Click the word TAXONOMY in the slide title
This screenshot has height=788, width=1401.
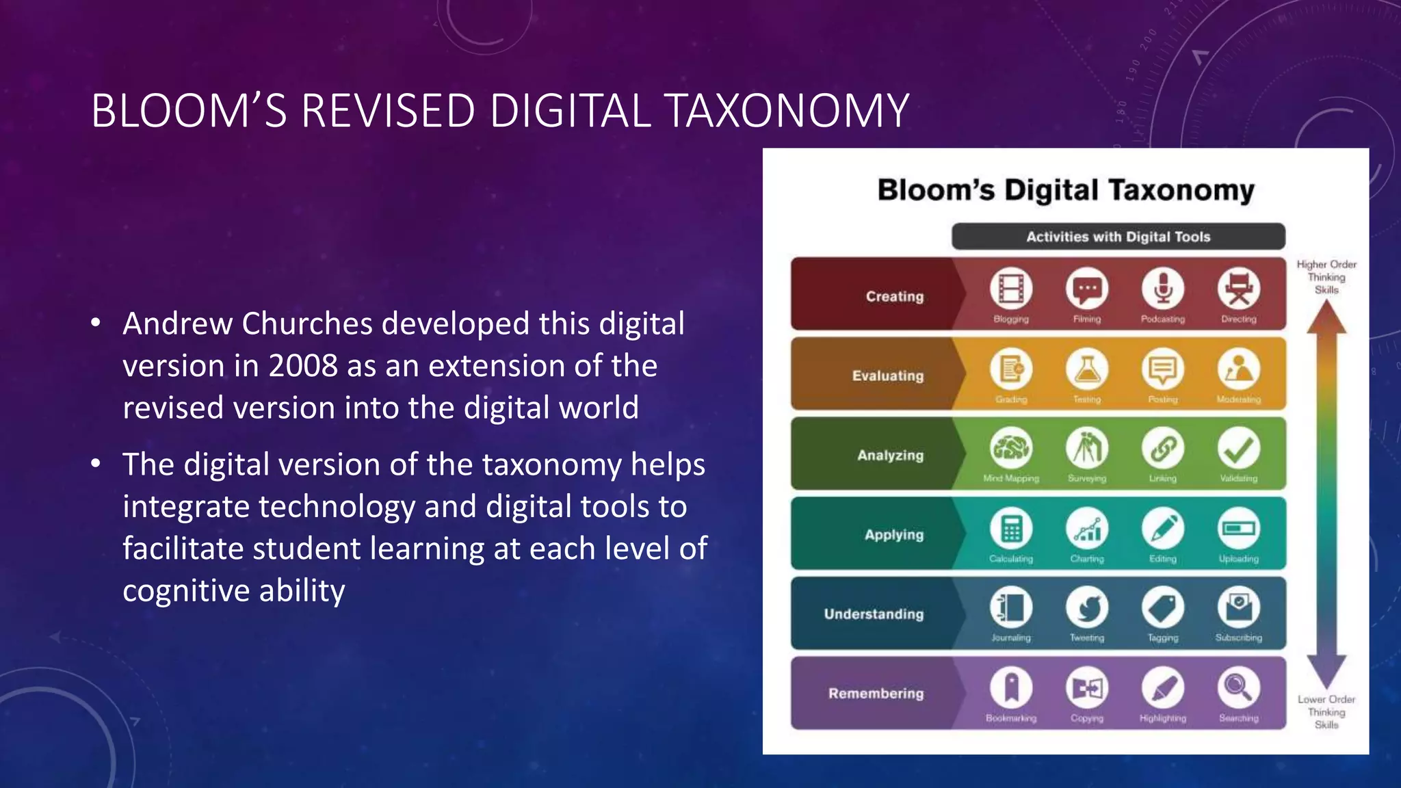tap(786, 111)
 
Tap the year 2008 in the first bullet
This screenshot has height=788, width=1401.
tap(302, 366)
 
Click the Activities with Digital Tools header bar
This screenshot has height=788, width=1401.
tap(1118, 237)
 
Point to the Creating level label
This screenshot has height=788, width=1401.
tap(894, 296)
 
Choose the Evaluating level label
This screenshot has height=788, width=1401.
tap(887, 376)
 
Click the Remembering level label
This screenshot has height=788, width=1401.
tap(876, 694)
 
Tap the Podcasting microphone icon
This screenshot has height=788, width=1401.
tap(1162, 289)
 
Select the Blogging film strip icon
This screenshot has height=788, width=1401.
tap(1011, 289)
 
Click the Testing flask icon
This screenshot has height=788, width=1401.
tap(1087, 369)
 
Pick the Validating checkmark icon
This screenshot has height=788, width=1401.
tap(1238, 449)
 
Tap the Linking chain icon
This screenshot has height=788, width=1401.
tap(1162, 449)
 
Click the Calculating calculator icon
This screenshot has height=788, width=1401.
tap(1011, 529)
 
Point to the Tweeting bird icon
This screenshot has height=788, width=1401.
tap(1087, 608)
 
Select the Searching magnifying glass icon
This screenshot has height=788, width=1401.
tap(1238, 687)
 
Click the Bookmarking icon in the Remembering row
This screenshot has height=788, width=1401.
tap(1011, 687)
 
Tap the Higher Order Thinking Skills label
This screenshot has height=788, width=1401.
tap(1326, 277)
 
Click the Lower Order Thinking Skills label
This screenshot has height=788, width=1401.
tap(1326, 712)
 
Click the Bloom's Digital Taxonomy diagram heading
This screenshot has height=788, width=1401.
tap(1066, 191)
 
